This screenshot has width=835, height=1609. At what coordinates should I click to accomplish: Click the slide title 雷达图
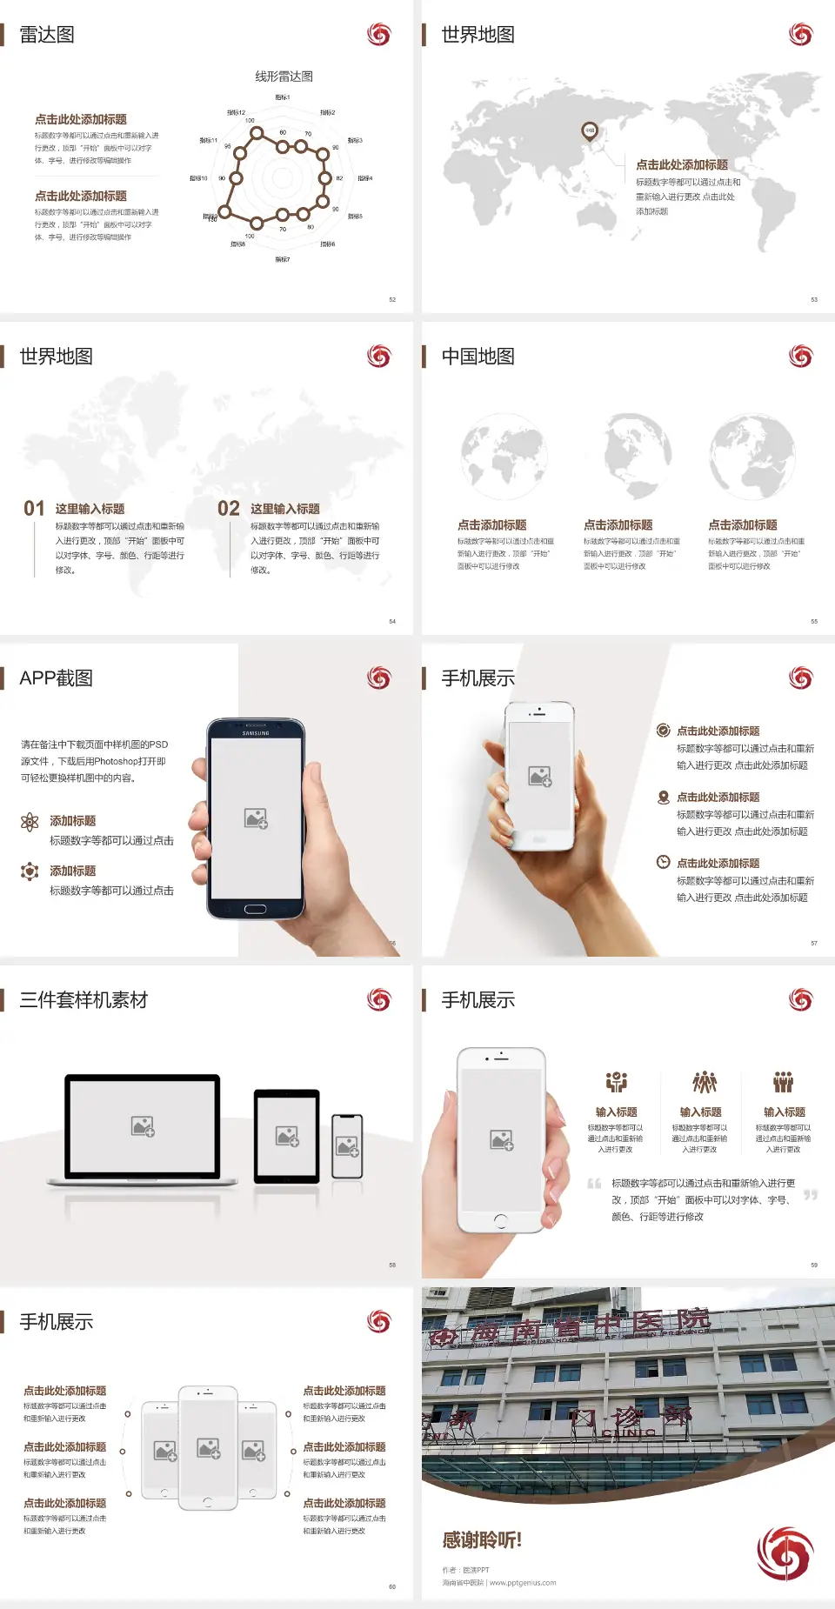point(47,35)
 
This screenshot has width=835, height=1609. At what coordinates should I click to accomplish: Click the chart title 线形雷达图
point(284,77)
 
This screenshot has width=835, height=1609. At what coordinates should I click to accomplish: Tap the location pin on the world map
point(590,131)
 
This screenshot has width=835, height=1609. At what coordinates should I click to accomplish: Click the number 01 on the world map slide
point(34,509)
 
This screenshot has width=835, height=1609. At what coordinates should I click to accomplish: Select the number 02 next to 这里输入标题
point(229,509)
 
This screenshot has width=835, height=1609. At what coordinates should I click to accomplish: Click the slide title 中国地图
point(478,357)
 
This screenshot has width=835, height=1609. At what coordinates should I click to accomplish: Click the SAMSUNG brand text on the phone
point(256,733)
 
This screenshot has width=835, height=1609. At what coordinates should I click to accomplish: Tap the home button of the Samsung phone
point(255,909)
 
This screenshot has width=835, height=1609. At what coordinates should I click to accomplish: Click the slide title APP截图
point(56,678)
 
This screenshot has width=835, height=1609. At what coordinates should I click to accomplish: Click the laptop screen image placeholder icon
point(143,1127)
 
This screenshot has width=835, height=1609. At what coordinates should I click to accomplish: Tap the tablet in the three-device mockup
point(287,1136)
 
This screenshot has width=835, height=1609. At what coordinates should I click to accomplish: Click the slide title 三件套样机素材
point(83,1000)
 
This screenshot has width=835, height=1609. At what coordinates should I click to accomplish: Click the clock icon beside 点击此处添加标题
point(663,862)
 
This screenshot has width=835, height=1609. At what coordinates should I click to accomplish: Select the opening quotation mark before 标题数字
point(594,1184)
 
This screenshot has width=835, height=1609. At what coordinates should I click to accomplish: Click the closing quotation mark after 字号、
point(811,1195)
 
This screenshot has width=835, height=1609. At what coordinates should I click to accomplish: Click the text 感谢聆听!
point(482,1540)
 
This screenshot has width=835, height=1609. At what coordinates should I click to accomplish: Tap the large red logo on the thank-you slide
point(785,1553)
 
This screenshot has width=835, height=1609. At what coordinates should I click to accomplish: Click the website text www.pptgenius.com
point(522,1583)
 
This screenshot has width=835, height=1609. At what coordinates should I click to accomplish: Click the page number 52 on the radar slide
point(392,299)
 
